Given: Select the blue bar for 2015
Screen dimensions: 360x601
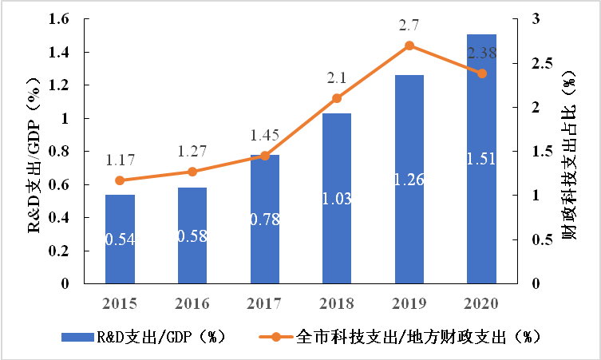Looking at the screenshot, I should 120,239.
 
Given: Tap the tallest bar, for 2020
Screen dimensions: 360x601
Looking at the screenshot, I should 481,160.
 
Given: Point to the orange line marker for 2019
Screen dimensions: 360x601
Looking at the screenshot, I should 409,45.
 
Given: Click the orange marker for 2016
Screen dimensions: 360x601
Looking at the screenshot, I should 192,172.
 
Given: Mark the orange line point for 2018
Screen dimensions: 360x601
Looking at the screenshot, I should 337,98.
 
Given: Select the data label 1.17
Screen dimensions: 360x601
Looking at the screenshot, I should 120,160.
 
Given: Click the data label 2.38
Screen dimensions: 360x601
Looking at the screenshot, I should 481,54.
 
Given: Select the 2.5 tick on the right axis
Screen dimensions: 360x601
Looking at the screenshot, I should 543,63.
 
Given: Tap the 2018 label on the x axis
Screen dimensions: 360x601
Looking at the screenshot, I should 337,304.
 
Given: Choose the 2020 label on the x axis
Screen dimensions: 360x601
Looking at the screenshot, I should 481,304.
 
